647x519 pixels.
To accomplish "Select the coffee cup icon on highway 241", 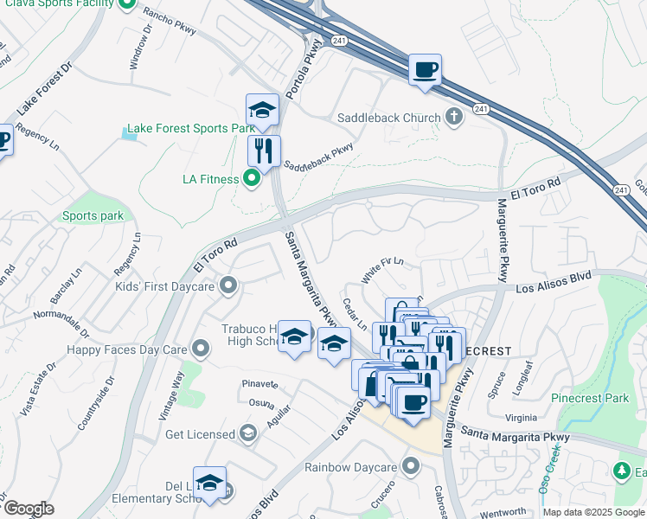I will (425, 69).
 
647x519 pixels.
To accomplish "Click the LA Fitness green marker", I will (252, 179).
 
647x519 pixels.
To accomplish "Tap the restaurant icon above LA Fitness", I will (264, 150).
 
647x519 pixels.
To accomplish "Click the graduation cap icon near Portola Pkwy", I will (262, 110).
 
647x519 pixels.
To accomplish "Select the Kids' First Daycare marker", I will (228, 285).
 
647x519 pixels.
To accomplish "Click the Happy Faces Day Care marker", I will (202, 349).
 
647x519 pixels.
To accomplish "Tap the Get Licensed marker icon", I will (248, 433).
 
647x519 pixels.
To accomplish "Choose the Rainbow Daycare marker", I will (410, 467).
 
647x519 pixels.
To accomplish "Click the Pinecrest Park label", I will (592, 399).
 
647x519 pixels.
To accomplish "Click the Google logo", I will (28, 509).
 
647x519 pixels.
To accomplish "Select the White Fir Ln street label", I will (382, 272).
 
